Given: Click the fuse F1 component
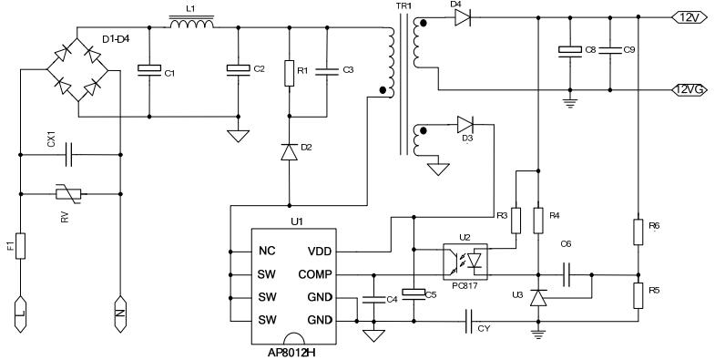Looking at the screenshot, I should click(x=19, y=245).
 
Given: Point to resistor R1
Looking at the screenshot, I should click(x=289, y=73).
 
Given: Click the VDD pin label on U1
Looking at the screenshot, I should click(x=321, y=251).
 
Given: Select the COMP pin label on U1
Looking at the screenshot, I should click(x=315, y=274).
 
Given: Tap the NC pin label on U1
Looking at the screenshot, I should click(x=267, y=251).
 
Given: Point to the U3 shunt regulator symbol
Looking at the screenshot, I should click(x=537, y=297).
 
